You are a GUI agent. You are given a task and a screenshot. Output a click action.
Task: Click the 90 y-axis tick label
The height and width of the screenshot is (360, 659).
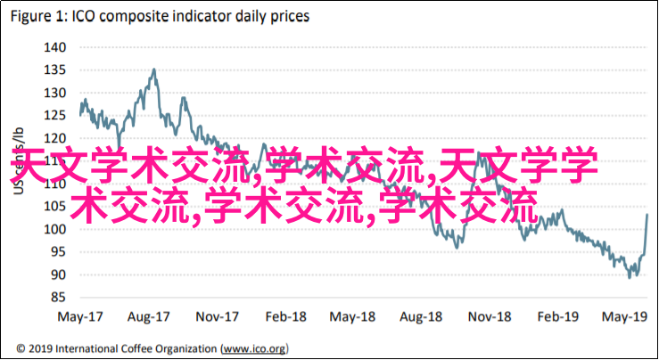[57, 274]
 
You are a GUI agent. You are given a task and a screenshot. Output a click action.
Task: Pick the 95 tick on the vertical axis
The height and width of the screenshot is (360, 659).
[57, 252]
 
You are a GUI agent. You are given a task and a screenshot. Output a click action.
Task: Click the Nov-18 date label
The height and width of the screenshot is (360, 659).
[490, 315]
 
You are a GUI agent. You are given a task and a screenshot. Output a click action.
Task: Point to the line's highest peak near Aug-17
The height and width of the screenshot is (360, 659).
[153, 69]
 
